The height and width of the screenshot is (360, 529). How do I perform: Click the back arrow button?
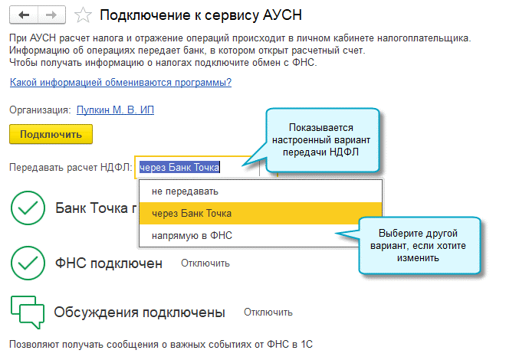click(x=24, y=15)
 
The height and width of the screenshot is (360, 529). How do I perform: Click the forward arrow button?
click(x=51, y=15)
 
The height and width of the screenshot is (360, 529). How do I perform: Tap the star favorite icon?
click(x=83, y=15)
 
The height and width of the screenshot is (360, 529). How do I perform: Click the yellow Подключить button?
click(x=51, y=134)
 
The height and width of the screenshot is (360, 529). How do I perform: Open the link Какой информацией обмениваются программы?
click(x=120, y=82)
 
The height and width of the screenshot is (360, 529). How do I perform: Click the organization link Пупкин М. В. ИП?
click(x=115, y=110)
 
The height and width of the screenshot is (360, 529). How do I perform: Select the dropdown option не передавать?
click(x=185, y=191)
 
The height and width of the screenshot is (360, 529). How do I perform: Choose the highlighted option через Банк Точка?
click(x=192, y=214)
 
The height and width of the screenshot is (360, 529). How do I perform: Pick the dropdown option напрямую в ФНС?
click(x=192, y=236)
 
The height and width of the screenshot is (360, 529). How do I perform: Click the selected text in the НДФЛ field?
click(x=179, y=167)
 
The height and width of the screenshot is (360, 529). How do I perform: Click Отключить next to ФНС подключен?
click(x=205, y=263)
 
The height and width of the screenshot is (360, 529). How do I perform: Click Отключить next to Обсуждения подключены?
click(x=268, y=313)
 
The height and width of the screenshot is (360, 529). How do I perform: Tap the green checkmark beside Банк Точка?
click(x=28, y=208)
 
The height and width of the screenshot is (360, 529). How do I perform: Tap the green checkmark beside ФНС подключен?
click(x=28, y=263)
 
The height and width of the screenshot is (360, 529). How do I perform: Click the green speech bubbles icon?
click(x=28, y=313)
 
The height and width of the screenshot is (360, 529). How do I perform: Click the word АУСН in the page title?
click(x=282, y=15)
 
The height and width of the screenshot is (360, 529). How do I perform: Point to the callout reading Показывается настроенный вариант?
click(x=321, y=140)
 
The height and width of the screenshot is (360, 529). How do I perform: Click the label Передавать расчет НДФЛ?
click(x=71, y=168)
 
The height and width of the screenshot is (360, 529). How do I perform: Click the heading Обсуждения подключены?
click(x=140, y=313)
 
